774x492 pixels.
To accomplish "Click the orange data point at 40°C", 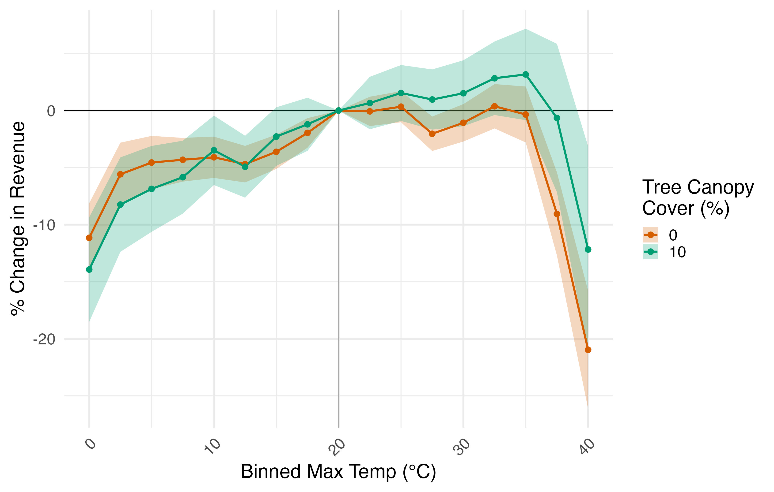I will click(588, 350).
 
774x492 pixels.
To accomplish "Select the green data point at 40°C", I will click(588, 250).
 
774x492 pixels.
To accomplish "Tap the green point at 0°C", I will click(89, 269).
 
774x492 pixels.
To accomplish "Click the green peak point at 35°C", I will click(526, 75).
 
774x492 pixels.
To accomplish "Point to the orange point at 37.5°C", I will click(557, 214).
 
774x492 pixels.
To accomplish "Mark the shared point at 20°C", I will click(338, 111).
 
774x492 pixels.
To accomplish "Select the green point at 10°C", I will click(214, 150).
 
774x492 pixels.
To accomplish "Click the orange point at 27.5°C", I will click(432, 134).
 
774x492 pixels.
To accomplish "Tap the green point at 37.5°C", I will click(557, 118).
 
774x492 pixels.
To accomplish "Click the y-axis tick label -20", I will click(44, 339).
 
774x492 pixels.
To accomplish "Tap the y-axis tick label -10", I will click(44, 225).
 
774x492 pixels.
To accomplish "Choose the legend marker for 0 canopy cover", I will click(650, 235).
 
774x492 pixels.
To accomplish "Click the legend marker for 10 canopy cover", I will click(650, 252).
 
